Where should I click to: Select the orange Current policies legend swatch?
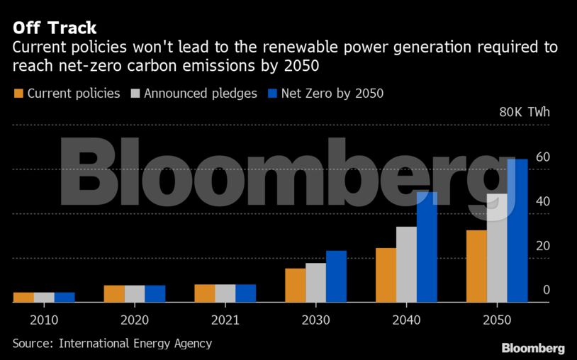[18, 94]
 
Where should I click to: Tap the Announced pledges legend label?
[201, 94]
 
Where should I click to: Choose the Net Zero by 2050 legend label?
[332, 94]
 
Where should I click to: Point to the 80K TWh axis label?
[524, 113]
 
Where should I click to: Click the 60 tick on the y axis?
[543, 157]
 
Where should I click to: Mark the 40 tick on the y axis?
[543, 201]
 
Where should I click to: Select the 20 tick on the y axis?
[543, 246]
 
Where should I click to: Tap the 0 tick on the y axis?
[547, 290]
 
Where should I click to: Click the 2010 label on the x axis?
[44, 320]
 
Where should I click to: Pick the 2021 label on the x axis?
[225, 320]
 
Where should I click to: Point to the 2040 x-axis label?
[406, 320]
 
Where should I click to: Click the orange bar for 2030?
[295, 285]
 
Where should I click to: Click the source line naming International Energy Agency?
[112, 344]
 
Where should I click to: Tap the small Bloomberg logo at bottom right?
[533, 348]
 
